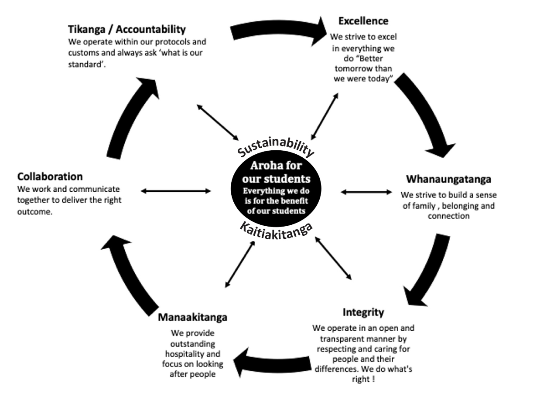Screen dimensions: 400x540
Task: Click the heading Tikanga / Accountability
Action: click(126, 30)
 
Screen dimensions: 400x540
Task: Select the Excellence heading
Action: click(363, 20)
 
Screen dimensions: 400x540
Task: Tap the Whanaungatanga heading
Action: click(448, 179)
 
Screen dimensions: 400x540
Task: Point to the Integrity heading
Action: click(363, 312)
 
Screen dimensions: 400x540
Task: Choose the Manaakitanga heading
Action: click(192, 317)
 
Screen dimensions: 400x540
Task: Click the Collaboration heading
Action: click(50, 176)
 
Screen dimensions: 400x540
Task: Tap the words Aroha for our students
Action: click(276, 173)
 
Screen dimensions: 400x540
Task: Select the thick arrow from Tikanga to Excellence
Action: click(279, 32)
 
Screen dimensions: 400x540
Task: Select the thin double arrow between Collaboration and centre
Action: click(176, 191)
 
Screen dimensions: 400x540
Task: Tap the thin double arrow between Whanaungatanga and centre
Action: click(366, 192)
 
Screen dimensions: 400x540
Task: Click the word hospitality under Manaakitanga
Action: click(192, 354)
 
